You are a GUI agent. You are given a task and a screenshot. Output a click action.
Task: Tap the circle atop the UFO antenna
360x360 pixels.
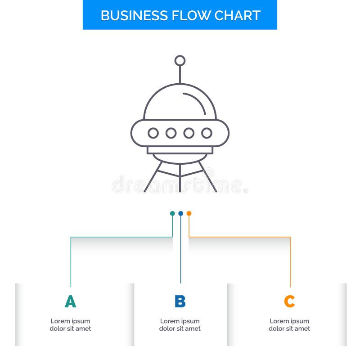point(180,61)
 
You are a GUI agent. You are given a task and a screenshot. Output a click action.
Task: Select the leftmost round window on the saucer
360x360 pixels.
point(153,133)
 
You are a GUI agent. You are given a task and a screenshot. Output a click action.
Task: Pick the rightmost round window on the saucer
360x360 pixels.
point(207,133)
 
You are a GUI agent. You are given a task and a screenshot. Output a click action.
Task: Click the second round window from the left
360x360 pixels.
point(171,133)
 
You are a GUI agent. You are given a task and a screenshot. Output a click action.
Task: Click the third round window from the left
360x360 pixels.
point(189,133)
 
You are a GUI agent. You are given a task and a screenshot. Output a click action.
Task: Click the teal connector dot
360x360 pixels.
point(172,213)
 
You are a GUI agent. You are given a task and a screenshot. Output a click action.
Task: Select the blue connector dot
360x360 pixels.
point(180,213)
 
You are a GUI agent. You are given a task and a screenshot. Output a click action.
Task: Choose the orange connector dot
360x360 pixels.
point(189,213)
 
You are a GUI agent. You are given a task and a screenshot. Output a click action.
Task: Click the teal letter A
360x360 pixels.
point(70,301)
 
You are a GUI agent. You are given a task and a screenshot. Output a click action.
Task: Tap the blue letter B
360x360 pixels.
point(180,301)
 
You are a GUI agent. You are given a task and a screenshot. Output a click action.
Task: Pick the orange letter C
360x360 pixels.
point(289,301)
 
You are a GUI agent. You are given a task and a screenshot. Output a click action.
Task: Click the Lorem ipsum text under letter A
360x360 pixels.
point(70,325)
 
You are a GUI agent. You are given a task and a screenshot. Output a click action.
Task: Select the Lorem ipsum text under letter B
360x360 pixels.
point(180,325)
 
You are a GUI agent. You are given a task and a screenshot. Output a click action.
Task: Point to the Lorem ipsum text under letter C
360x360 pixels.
point(289,325)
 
